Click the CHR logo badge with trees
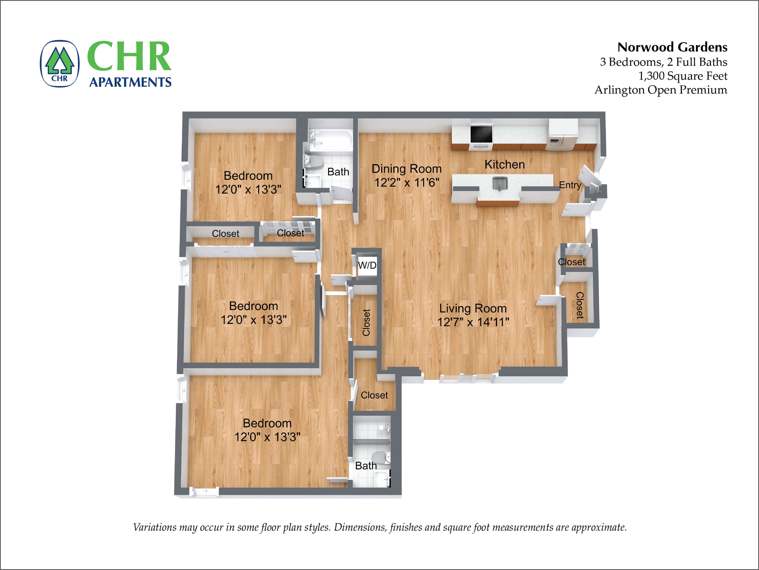(60, 64)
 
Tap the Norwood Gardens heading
(672, 47)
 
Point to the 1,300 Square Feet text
(682, 76)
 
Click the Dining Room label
(407, 169)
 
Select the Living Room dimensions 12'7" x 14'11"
(473, 322)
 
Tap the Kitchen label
(504, 165)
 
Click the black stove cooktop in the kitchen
(481, 134)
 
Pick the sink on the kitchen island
(500, 183)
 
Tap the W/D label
(367, 265)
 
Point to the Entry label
(570, 185)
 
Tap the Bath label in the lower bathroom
(366, 466)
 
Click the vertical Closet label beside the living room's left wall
(366, 322)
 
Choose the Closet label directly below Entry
(571, 262)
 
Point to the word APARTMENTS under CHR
(130, 82)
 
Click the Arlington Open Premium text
(661, 90)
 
